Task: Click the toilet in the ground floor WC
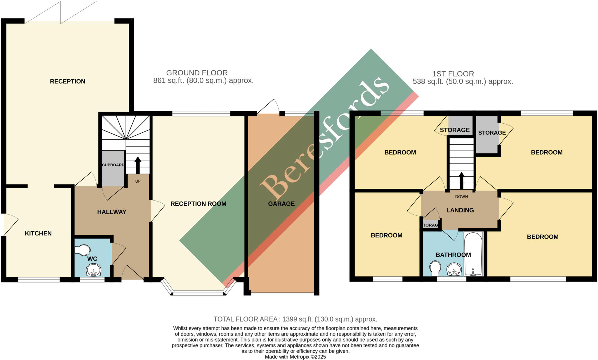pyautogui.click(x=83, y=250)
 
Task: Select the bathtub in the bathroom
pyautogui.click(x=473, y=254)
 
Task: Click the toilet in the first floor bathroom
pyautogui.click(x=435, y=268)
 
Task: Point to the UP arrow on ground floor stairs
pyautogui.click(x=138, y=165)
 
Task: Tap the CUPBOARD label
pyautogui.click(x=113, y=165)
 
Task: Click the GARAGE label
pyautogui.click(x=281, y=204)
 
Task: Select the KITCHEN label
pyautogui.click(x=38, y=233)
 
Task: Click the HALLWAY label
pyautogui.click(x=112, y=212)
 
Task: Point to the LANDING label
pyautogui.click(x=460, y=210)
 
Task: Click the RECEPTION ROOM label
pyautogui.click(x=198, y=204)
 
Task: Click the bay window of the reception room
pyautogui.click(x=199, y=293)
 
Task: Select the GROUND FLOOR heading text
pyautogui.click(x=197, y=73)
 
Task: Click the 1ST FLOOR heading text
pyautogui.click(x=453, y=74)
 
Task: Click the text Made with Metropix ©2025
pyautogui.click(x=295, y=357)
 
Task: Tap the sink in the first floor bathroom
pyautogui.click(x=454, y=269)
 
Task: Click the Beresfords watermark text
pyautogui.click(x=324, y=137)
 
